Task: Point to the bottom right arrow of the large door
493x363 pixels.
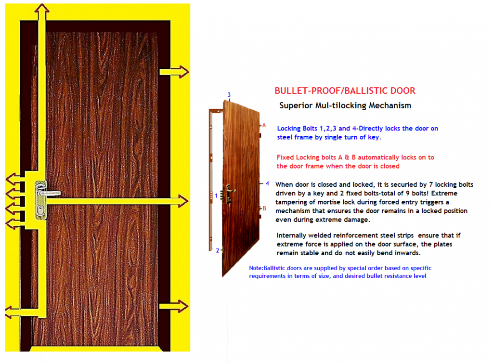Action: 181,306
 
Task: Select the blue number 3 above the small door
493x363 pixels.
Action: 229,95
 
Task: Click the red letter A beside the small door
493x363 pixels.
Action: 264,125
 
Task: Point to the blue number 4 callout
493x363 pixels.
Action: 267,183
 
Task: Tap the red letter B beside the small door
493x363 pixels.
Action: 264,208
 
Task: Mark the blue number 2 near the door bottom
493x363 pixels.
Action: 217,250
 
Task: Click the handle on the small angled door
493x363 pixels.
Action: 230,192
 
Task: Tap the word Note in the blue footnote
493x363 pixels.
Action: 255,268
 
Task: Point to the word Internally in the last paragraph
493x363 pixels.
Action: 294,235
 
